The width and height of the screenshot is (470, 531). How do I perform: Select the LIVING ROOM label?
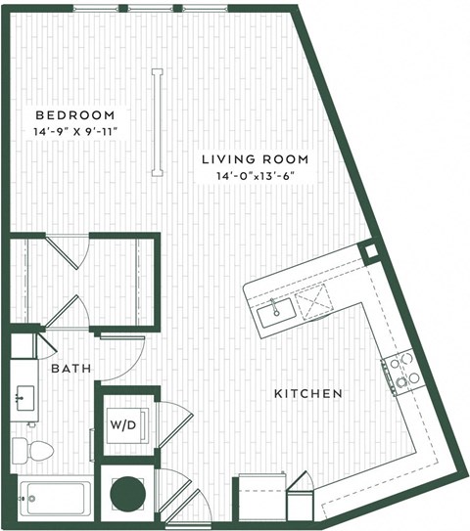[x=256, y=159]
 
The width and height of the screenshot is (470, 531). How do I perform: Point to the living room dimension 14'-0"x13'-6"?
[x=256, y=176]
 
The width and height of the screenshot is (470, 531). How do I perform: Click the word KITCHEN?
[x=307, y=394]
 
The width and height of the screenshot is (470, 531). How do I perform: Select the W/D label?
[x=123, y=425]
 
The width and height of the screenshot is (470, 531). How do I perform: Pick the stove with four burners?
[x=401, y=371]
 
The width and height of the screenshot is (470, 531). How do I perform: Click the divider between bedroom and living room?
[x=155, y=122]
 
